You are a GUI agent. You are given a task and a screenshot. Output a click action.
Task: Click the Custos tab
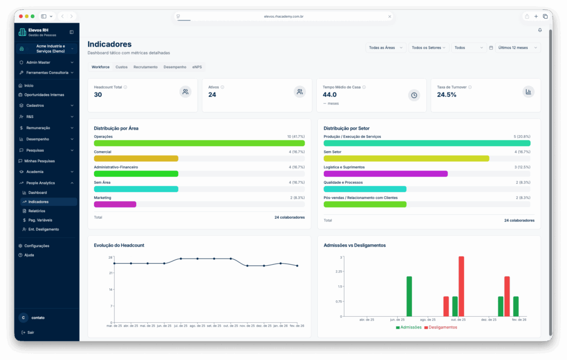coord(121,67)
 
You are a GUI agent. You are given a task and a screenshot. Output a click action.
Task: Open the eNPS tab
coord(197,67)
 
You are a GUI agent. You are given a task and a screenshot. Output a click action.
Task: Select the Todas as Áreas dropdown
coord(385,48)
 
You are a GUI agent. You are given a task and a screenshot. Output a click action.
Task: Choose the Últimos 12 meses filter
coord(517,48)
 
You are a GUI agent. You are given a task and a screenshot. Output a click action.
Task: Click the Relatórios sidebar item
coord(37,211)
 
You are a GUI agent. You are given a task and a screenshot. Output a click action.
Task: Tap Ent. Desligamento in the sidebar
coord(43,229)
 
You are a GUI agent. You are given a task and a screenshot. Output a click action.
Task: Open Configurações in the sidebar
coord(37,246)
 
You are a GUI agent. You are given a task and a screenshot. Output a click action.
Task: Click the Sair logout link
coord(30,332)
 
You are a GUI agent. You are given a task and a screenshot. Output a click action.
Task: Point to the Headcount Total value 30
coord(98,95)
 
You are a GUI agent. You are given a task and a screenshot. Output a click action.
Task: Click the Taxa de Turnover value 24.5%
coord(447,95)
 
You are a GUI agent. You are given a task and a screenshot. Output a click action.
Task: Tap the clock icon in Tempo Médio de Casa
coord(414,95)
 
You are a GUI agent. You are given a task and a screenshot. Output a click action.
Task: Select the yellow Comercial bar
coord(136,158)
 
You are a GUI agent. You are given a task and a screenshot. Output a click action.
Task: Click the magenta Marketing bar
coord(115,204)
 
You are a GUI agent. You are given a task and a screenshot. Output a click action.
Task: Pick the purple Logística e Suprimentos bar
coord(385,174)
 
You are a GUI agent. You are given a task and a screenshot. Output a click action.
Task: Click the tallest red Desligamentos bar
coord(461,286)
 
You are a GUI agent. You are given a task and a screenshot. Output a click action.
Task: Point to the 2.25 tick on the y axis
coord(338,272)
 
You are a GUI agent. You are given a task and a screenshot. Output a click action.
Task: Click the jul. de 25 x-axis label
coord(181,326)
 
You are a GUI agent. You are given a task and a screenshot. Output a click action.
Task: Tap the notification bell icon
coord(540,30)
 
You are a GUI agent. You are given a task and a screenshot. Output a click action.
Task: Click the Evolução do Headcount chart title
coord(119,245)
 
